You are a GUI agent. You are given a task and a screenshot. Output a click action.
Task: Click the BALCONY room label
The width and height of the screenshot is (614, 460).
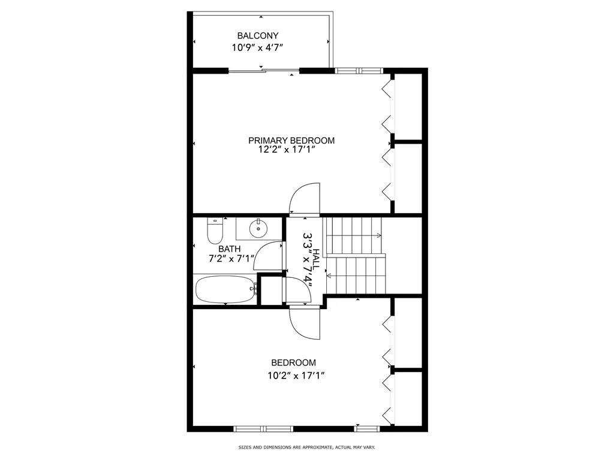click(x=258, y=35)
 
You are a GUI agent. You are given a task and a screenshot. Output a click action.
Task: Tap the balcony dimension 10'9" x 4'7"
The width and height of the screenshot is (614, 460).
click(x=257, y=48)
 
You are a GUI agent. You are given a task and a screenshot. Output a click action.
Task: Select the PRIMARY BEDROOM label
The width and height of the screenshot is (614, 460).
click(x=291, y=140)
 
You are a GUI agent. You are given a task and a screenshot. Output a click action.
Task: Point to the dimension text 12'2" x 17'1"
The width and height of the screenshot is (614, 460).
click(x=287, y=149)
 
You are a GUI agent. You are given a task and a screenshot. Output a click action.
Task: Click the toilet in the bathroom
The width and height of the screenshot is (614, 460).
click(x=215, y=231)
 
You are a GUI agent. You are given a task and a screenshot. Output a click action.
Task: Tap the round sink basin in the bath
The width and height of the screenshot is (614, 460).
click(x=258, y=228)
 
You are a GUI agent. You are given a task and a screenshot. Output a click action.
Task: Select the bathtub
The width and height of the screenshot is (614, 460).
click(x=226, y=289)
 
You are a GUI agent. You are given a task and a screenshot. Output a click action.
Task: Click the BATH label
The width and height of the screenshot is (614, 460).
click(x=230, y=249)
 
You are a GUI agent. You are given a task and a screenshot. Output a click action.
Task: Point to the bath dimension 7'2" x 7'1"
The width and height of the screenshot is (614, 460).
click(x=231, y=259)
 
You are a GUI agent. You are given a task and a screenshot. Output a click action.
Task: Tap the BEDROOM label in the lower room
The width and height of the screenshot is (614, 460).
click(x=294, y=362)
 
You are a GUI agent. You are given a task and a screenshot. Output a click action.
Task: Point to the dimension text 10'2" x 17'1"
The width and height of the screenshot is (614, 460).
click(x=296, y=376)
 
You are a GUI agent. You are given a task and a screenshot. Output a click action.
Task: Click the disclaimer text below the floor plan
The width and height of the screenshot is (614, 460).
click(x=306, y=447)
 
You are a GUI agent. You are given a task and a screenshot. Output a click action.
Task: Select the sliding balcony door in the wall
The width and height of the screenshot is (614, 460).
click(x=264, y=71)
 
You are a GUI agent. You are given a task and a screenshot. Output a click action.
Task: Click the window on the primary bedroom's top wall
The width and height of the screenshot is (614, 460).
click(x=359, y=71)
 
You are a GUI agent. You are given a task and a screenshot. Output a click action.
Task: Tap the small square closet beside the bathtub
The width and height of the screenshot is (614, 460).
click(x=272, y=290)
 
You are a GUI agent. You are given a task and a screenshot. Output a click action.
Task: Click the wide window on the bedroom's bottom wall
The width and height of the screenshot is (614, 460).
click(x=263, y=429)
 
